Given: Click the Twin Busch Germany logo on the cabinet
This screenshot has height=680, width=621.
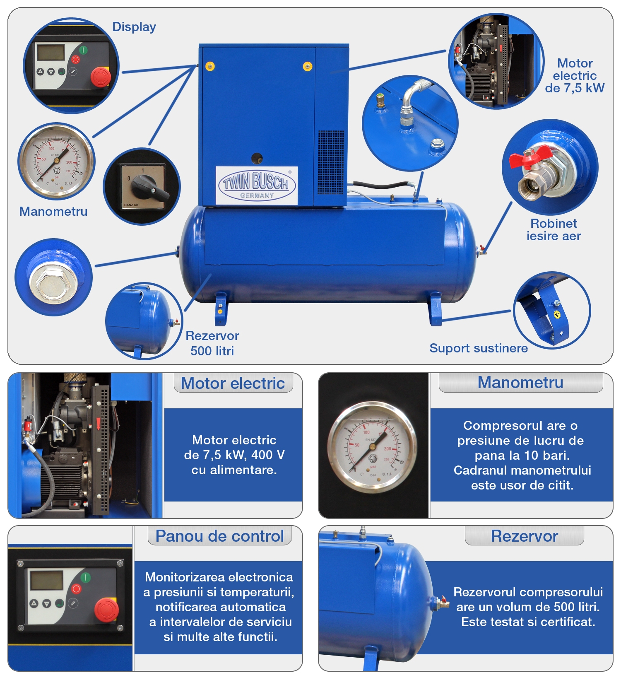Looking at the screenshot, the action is point(257,185).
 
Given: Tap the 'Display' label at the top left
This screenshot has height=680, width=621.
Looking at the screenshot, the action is point(134,27).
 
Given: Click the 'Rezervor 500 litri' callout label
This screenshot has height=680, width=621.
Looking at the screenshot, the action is point(212,343).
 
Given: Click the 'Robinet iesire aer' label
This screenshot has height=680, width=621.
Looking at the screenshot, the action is point(554,229).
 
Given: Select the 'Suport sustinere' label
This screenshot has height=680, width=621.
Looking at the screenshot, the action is point(479,348).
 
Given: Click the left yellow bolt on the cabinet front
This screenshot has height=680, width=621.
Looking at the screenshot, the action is point(210,67).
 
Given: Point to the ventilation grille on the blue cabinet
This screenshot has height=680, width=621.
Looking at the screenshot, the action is point(331,162).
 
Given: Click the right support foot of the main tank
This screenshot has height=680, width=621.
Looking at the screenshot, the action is point(436,309).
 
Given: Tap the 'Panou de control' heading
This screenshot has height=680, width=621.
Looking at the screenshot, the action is point(219,536).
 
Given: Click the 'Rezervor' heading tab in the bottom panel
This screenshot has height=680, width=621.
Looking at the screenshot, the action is point(525,536).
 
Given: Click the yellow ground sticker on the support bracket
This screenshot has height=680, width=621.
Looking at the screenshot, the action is point(557,315).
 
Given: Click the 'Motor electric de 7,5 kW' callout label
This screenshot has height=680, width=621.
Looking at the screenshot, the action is point(575,75).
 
